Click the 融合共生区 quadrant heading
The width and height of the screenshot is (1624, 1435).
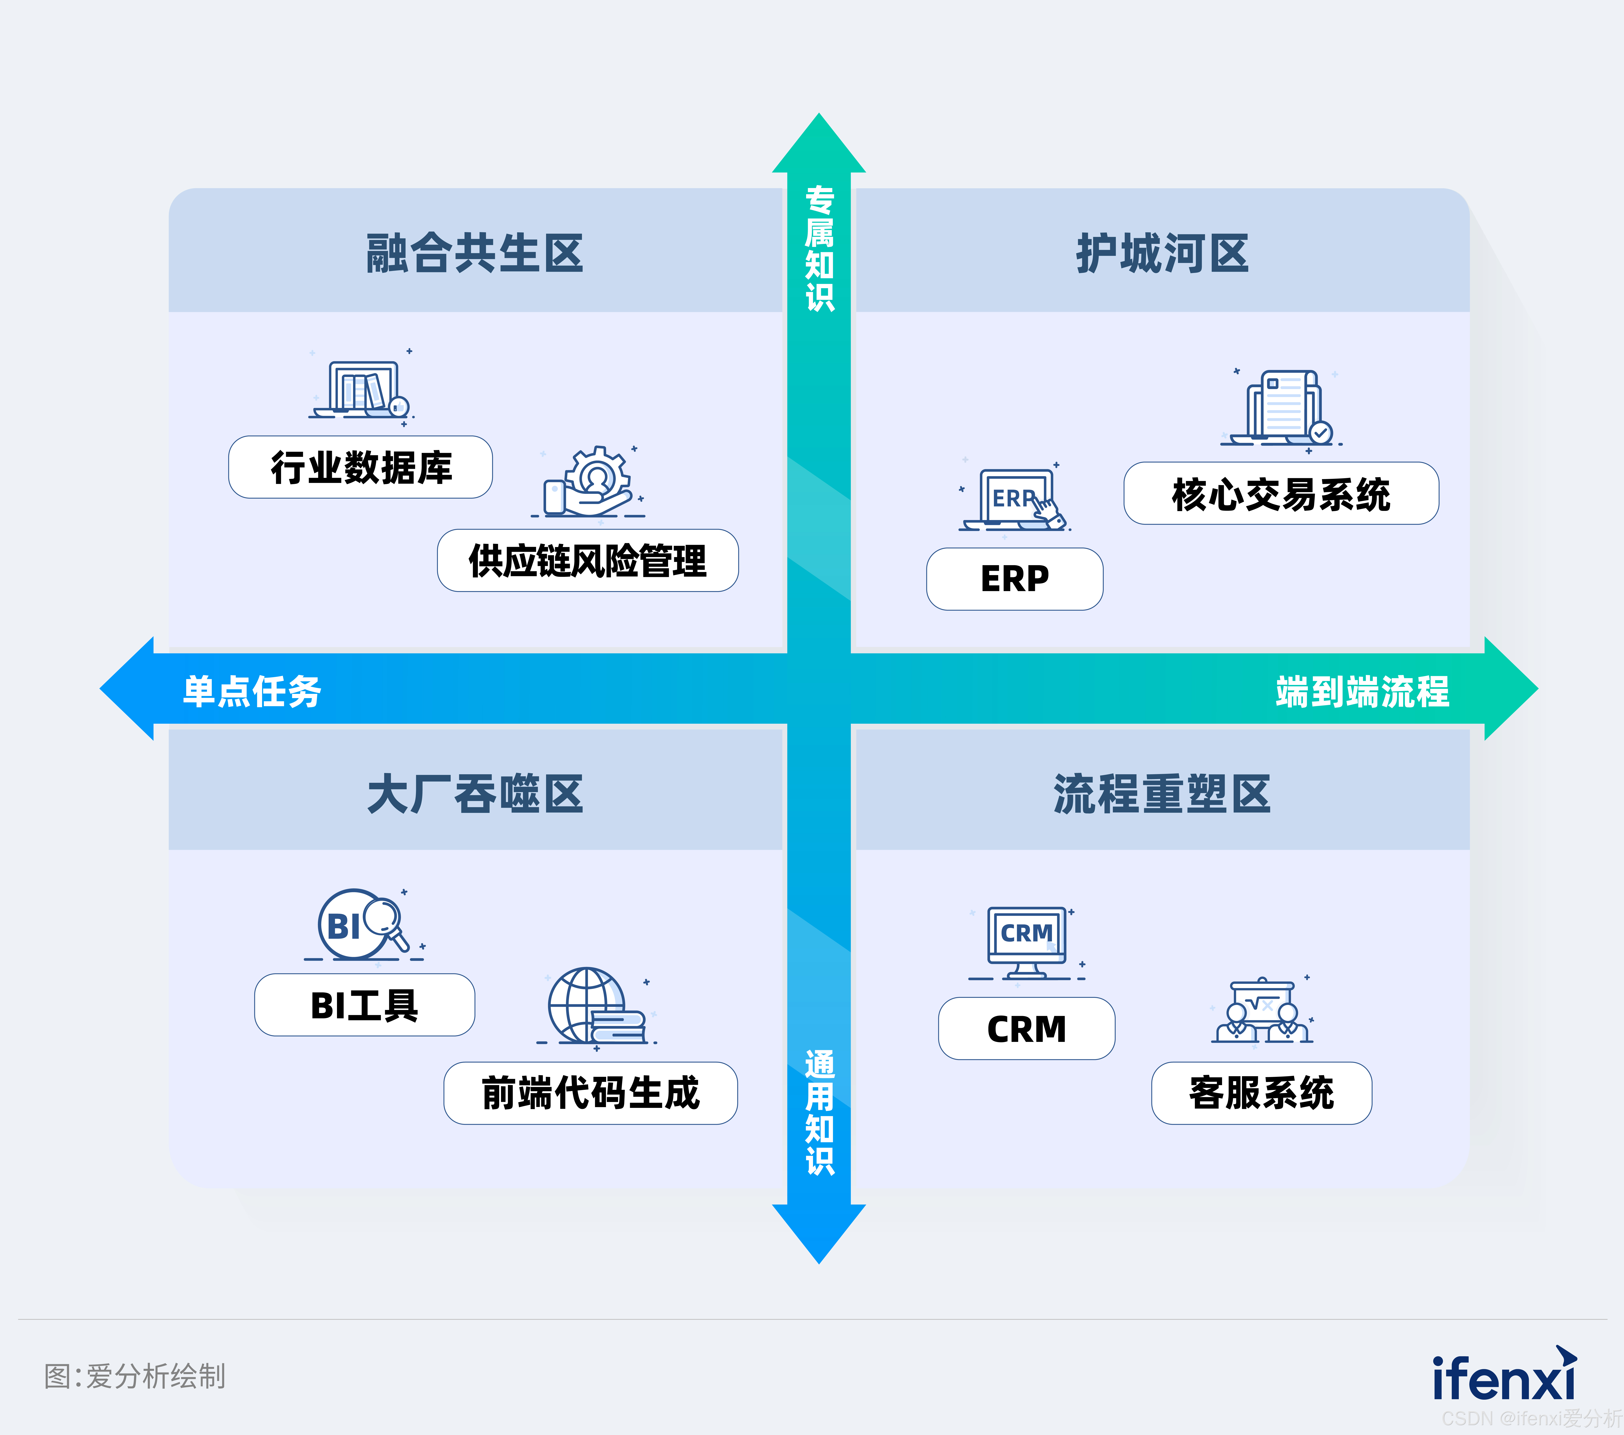click(475, 253)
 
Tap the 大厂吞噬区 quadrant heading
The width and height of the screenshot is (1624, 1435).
click(475, 794)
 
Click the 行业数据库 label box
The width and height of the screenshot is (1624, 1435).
click(361, 467)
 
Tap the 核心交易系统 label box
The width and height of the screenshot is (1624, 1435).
click(1281, 493)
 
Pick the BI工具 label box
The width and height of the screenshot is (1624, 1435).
click(365, 1005)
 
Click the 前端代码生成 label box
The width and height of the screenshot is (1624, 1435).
click(590, 1093)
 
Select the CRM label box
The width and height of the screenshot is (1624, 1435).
click(1027, 1029)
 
